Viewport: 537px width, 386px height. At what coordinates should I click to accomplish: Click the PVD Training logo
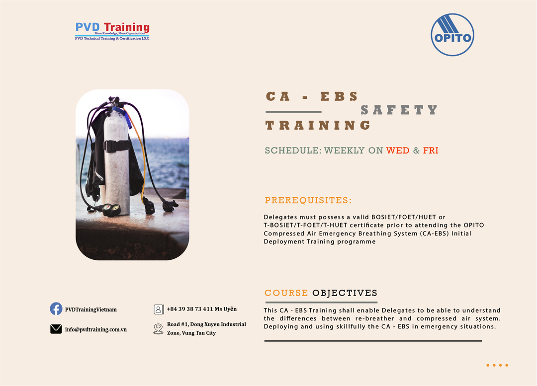click(x=112, y=31)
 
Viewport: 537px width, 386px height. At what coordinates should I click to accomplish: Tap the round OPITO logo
click(x=452, y=35)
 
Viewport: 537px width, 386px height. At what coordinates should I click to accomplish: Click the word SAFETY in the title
click(x=399, y=110)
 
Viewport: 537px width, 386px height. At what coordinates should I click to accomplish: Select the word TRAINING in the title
click(x=318, y=125)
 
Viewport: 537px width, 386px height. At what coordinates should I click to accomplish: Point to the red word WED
click(x=398, y=151)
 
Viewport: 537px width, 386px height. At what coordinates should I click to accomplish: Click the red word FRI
click(x=431, y=151)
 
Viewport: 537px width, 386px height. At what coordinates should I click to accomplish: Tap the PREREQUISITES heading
click(x=308, y=200)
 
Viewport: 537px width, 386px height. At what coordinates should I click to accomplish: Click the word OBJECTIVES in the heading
click(x=345, y=293)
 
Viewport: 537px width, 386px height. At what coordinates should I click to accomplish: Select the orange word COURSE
click(x=286, y=293)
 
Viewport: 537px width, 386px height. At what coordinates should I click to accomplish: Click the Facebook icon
click(x=56, y=309)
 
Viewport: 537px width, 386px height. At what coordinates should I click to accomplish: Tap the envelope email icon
click(x=56, y=329)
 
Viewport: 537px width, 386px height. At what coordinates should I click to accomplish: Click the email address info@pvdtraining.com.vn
click(x=96, y=329)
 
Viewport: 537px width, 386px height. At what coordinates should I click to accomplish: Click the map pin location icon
click(x=158, y=329)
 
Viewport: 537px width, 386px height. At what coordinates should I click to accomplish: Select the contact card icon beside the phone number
click(x=159, y=309)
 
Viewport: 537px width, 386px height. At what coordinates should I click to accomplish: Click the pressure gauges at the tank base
click(x=111, y=209)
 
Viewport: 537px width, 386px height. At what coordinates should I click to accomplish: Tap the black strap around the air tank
click(x=117, y=146)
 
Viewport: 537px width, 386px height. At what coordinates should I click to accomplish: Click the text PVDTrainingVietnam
click(x=91, y=309)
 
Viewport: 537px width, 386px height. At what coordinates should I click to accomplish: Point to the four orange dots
click(x=497, y=365)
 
